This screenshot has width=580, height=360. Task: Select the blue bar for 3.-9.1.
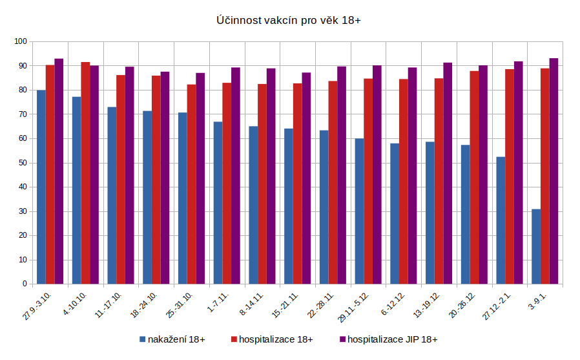click(536, 246)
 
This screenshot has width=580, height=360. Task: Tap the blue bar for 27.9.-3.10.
click(41, 187)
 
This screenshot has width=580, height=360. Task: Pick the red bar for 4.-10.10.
click(85, 173)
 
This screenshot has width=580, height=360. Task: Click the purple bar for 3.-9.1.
click(554, 171)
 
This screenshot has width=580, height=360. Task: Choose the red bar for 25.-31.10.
click(191, 184)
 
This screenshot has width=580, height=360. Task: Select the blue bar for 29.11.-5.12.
click(359, 211)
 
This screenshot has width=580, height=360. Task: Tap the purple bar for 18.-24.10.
click(165, 178)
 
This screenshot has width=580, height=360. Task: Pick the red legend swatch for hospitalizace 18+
click(234, 339)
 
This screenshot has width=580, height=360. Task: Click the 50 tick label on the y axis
click(22, 163)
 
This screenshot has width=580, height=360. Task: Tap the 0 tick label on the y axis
click(25, 284)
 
